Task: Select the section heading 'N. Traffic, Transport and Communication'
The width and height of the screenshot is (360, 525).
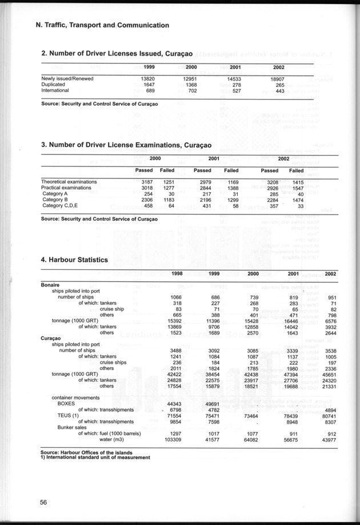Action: pyautogui.click(x=102, y=25)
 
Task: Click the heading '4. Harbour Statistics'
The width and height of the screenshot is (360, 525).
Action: pyautogui.click(x=74, y=260)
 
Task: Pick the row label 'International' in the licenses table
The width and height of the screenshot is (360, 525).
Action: pyautogui.click(x=55, y=90)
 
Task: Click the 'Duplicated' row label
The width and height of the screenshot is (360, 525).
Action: pyautogui.click(x=54, y=84)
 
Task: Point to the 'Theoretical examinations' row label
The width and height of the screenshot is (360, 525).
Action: pyautogui.click(x=69, y=182)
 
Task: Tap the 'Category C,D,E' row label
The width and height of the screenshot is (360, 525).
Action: pyautogui.click(x=61, y=205)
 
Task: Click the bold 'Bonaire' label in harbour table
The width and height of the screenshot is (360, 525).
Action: pyautogui.click(x=51, y=284)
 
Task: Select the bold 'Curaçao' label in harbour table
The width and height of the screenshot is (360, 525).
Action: pyautogui.click(x=51, y=338)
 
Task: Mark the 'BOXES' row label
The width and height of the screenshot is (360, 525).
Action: pyautogui.click(x=70, y=404)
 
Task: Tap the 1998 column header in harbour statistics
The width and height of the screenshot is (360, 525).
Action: pyautogui.click(x=177, y=274)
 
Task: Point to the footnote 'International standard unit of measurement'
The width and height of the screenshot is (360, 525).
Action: pyautogui.click(x=97, y=457)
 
